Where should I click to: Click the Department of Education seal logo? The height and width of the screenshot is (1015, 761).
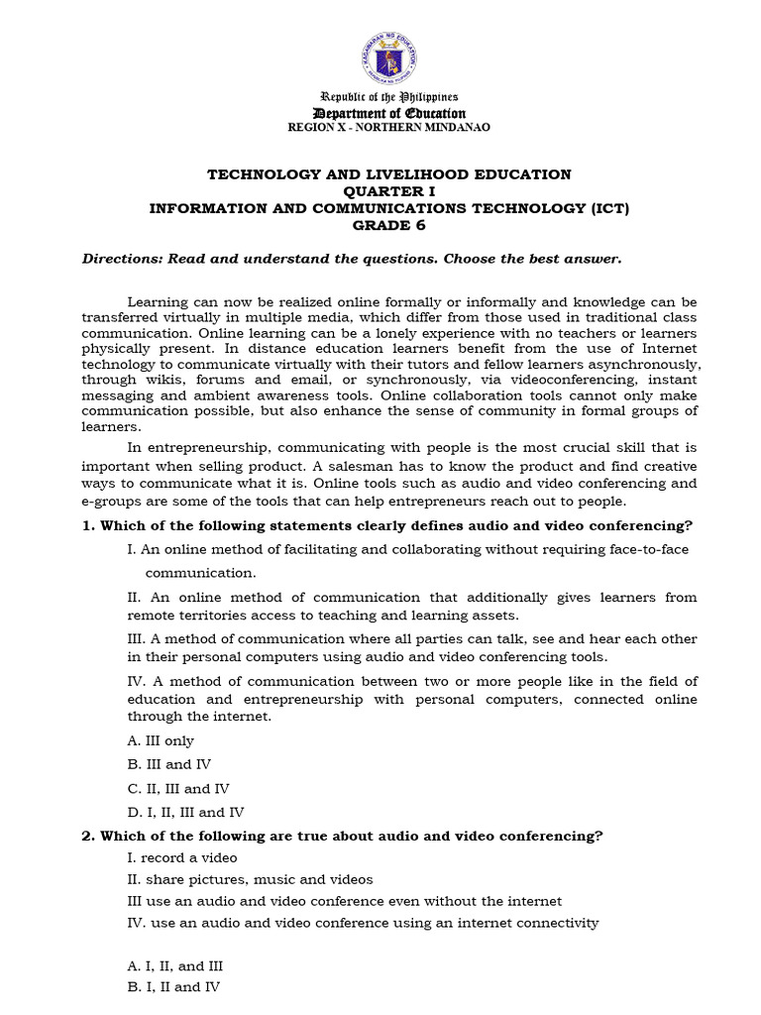click(x=388, y=56)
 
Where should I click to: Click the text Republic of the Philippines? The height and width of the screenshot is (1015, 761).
click(x=388, y=97)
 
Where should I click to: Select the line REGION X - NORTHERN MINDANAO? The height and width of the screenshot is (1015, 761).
click(x=388, y=127)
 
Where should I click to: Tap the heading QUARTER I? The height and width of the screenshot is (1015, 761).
click(x=388, y=191)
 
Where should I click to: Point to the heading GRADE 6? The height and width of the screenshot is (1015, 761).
click(x=388, y=225)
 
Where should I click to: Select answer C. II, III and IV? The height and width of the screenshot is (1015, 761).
click(x=178, y=789)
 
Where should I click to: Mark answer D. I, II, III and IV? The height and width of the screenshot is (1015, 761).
click(x=186, y=812)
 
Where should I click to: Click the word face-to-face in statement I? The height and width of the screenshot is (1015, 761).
click(x=647, y=549)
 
